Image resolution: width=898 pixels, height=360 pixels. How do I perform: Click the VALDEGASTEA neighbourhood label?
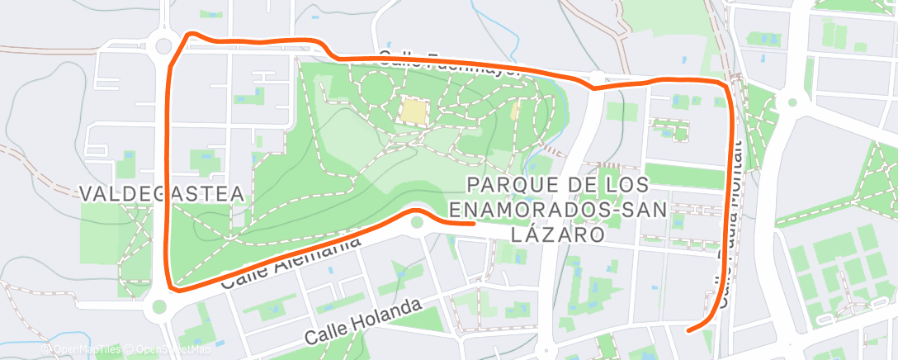pos(163,194)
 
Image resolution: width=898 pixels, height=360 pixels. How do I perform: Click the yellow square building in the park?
pos(414,111)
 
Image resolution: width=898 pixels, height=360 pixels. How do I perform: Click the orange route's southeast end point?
pos(688,330)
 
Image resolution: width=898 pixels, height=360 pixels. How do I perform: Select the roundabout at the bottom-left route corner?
pos(159,307)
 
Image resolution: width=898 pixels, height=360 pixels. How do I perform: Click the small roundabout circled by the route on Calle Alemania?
pos(417,222)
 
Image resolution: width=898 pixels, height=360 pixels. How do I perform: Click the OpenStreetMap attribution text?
pos(169,350)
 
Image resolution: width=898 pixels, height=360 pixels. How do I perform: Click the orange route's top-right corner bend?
pos(725,85)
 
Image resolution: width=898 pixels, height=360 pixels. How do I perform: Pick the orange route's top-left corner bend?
pos(191,35)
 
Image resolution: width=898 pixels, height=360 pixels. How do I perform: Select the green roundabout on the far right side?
pos(792,102)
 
